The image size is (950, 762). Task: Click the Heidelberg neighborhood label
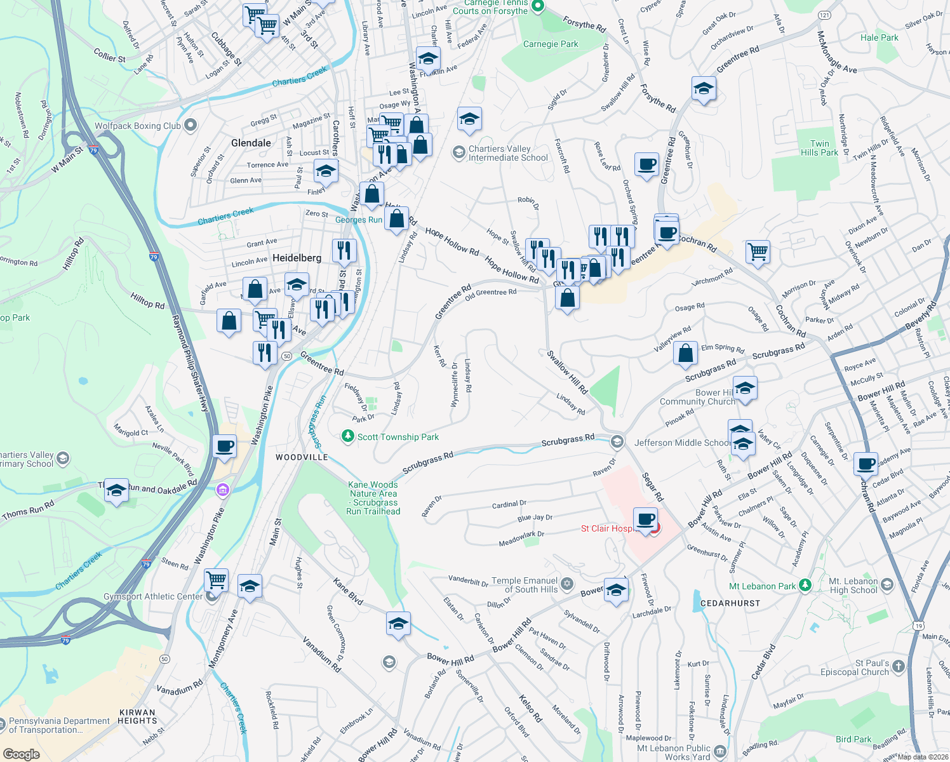[297, 258]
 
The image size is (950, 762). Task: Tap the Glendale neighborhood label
[251, 143]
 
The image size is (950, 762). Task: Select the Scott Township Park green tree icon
[347, 436]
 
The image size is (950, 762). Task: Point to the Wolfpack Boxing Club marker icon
[190, 125]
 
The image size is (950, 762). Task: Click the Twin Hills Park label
[819, 148]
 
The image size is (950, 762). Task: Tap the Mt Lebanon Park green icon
[805, 585]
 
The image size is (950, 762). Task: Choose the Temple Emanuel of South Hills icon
[567, 584]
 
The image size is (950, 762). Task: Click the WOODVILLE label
[302, 457]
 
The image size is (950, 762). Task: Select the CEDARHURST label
[730, 603]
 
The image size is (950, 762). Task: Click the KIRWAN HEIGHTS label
[137, 716]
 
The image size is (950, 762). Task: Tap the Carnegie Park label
[551, 44]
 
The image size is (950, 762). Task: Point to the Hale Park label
[879, 37]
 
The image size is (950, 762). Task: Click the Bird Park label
[853, 739]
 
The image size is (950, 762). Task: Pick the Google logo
[21, 754]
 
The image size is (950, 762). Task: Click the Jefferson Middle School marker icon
[617, 442]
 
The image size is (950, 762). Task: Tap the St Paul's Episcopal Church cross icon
[898, 666]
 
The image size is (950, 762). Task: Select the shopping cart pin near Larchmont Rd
[758, 252]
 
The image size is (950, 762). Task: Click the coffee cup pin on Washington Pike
[224, 446]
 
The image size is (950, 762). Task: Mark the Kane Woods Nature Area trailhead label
[373, 498]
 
